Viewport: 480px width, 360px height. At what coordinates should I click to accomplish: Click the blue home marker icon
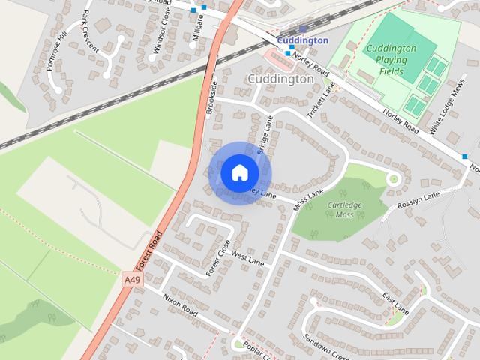click(x=239, y=172)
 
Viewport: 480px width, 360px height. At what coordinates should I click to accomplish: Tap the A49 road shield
click(x=132, y=279)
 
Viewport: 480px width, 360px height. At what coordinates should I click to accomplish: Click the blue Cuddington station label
click(x=302, y=40)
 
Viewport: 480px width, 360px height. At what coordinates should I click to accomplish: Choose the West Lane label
click(x=248, y=259)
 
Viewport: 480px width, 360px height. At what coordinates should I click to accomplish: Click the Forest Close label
click(x=219, y=256)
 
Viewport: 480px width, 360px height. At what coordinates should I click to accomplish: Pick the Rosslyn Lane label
click(x=420, y=201)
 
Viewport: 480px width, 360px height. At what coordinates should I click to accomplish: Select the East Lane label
click(x=394, y=304)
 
